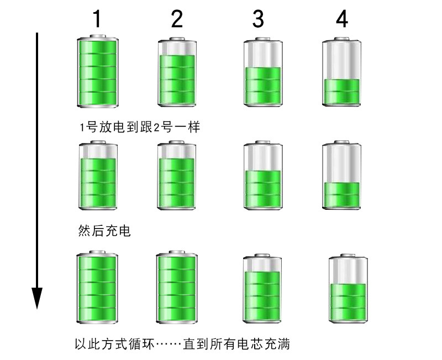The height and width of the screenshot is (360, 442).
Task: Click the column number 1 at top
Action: pos(97,19)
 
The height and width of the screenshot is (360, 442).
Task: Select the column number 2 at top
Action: pos(177,19)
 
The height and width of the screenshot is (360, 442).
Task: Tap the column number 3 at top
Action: pos(258,19)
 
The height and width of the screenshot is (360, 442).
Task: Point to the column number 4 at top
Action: pos(342,19)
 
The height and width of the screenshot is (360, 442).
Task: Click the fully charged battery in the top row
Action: pos(97,71)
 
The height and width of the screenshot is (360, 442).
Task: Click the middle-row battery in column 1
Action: pos(97,175)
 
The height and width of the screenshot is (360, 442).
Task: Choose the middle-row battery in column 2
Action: pos(177,175)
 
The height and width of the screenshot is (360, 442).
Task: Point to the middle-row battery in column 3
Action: pos(262,175)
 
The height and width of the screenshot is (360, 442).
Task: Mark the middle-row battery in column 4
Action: pos(341,175)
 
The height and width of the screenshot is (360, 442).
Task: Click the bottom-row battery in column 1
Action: pos(97,287)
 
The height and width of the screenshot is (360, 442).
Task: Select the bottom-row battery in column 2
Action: pos(177,287)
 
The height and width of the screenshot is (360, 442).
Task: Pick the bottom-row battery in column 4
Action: pos(348,289)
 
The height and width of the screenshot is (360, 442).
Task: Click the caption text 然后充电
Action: pos(104,230)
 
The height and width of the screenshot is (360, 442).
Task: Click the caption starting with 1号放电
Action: pos(139,128)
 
